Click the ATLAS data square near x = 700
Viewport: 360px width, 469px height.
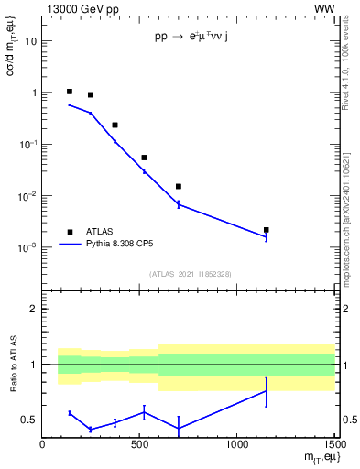click(x=179, y=186)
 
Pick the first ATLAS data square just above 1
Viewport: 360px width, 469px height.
click(x=70, y=92)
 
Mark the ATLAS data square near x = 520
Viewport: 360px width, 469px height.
click(x=144, y=158)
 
